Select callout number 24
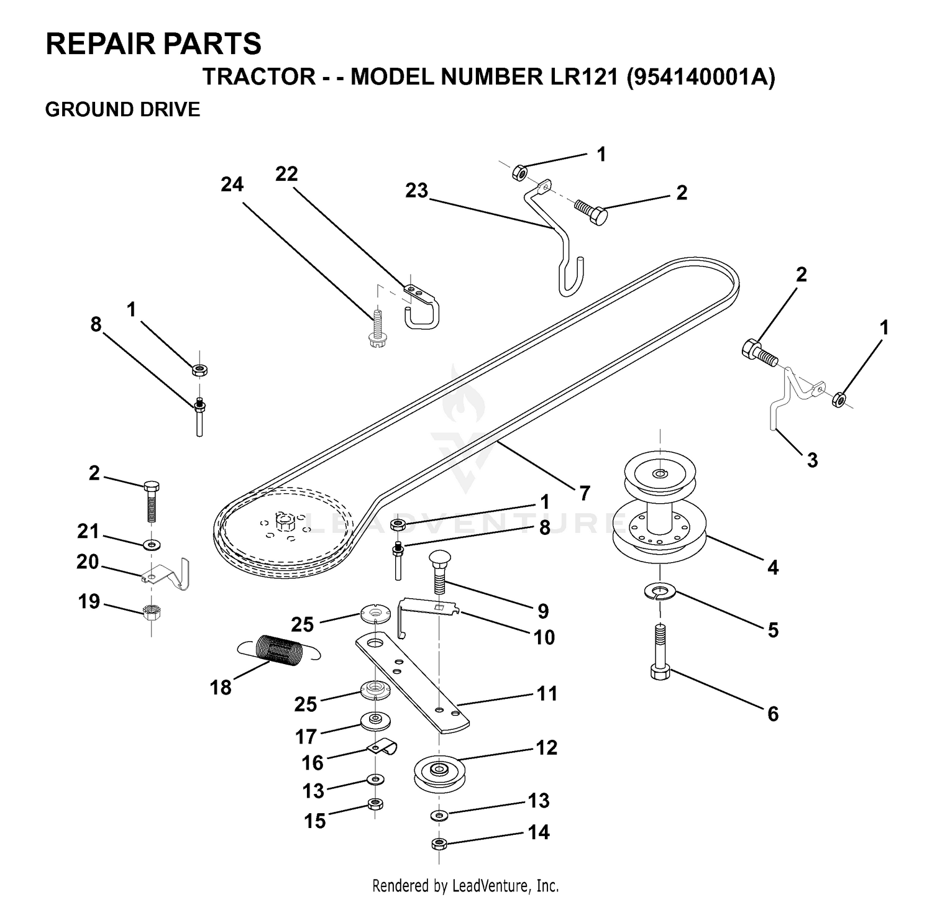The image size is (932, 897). (232, 184)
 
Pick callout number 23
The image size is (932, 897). (417, 190)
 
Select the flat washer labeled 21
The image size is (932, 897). (151, 545)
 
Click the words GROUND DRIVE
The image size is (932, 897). (123, 109)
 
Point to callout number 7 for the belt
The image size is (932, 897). (584, 493)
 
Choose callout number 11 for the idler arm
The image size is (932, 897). (547, 693)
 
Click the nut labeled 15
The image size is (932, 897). (375, 804)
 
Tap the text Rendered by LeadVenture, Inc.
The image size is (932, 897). (465, 885)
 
